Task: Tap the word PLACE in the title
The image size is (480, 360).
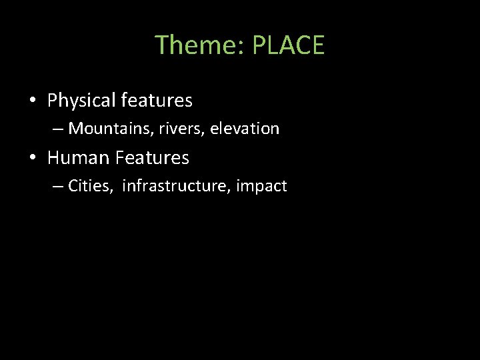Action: coord(288,45)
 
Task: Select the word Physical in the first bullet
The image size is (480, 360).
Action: coord(81,101)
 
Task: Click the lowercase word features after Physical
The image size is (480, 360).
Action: coord(156,101)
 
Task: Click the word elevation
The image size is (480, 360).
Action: coord(245,128)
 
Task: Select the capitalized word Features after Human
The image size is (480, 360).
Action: coord(153,158)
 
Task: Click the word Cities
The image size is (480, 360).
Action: coord(91,186)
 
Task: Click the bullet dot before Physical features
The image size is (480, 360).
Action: coord(32,101)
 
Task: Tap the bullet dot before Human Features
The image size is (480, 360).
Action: coord(32,159)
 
